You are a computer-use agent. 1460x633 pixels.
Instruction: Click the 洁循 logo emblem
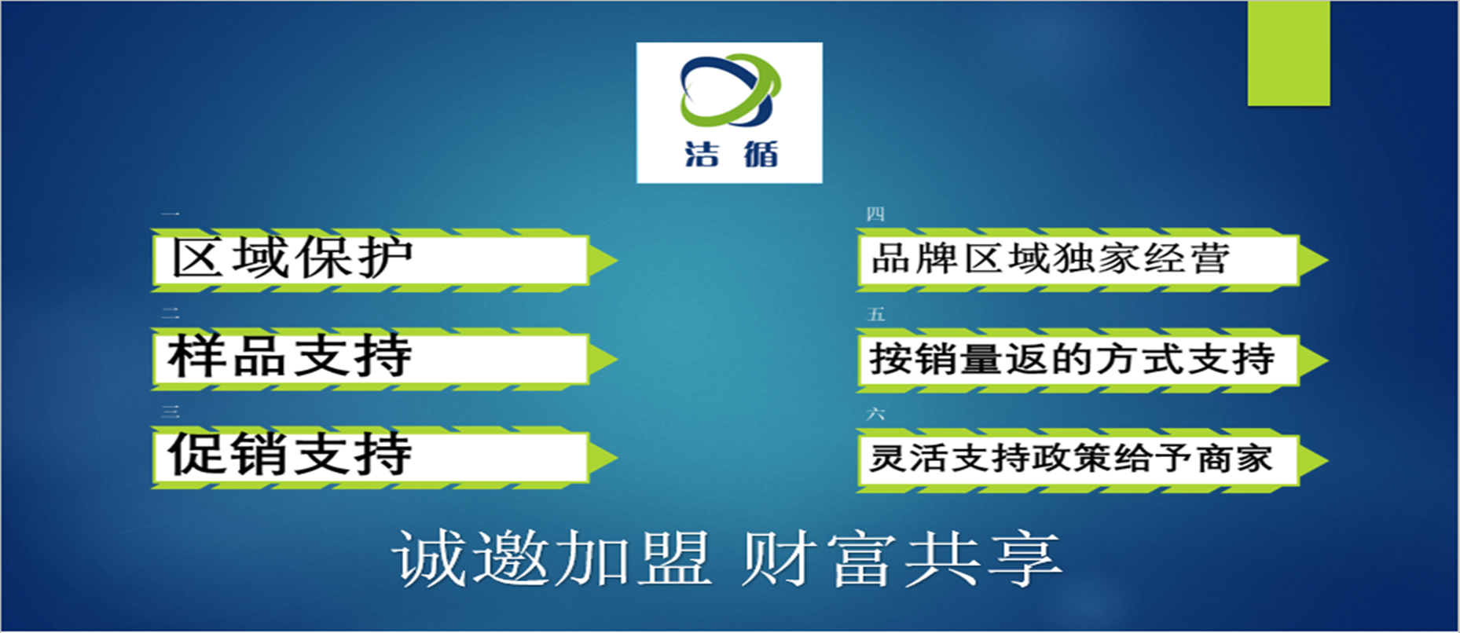(730, 90)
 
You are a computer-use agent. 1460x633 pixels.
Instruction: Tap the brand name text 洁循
(731, 154)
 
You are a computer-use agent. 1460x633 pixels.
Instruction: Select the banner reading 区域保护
(384, 260)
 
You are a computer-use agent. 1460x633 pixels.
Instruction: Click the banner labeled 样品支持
(384, 359)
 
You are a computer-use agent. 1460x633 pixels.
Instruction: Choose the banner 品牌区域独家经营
(1092, 260)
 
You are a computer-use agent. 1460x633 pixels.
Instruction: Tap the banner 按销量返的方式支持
(1092, 360)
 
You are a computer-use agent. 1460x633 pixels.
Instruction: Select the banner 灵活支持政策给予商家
(1092, 459)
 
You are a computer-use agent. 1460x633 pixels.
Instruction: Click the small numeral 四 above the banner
(875, 214)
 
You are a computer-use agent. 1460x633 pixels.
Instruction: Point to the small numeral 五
(875, 314)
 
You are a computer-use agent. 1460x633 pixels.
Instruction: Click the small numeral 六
(875, 414)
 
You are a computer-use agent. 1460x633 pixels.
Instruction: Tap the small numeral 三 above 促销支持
(171, 412)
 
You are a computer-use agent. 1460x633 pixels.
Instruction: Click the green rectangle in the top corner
(1289, 53)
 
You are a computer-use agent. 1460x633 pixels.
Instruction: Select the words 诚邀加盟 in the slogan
(552, 558)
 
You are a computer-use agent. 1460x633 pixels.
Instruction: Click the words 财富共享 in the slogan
(901, 558)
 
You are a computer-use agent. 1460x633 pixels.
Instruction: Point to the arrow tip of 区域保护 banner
(617, 260)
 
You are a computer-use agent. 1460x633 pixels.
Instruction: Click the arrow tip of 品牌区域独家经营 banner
(1327, 260)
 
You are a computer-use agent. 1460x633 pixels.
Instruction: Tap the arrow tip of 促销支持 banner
(617, 458)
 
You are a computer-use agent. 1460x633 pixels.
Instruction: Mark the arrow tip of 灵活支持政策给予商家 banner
(1327, 460)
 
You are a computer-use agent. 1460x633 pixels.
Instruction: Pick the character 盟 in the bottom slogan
(674, 558)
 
